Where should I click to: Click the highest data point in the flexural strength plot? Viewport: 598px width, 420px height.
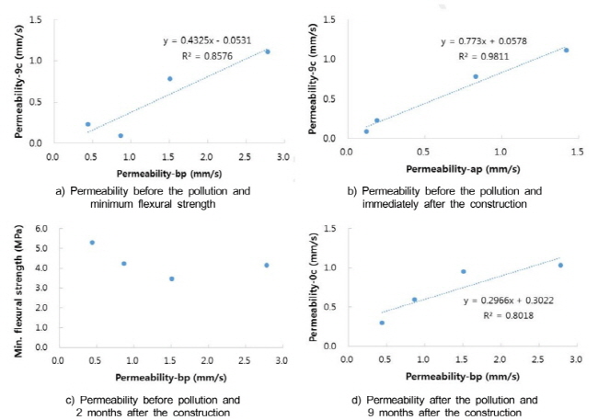click(92, 243)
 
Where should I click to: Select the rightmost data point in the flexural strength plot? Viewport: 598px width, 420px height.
click(266, 265)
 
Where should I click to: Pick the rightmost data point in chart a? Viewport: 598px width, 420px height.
click(267, 51)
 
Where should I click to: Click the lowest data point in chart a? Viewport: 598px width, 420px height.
click(121, 136)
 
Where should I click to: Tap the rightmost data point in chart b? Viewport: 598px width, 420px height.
click(566, 51)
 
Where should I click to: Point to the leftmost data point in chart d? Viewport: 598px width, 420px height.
click(382, 323)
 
